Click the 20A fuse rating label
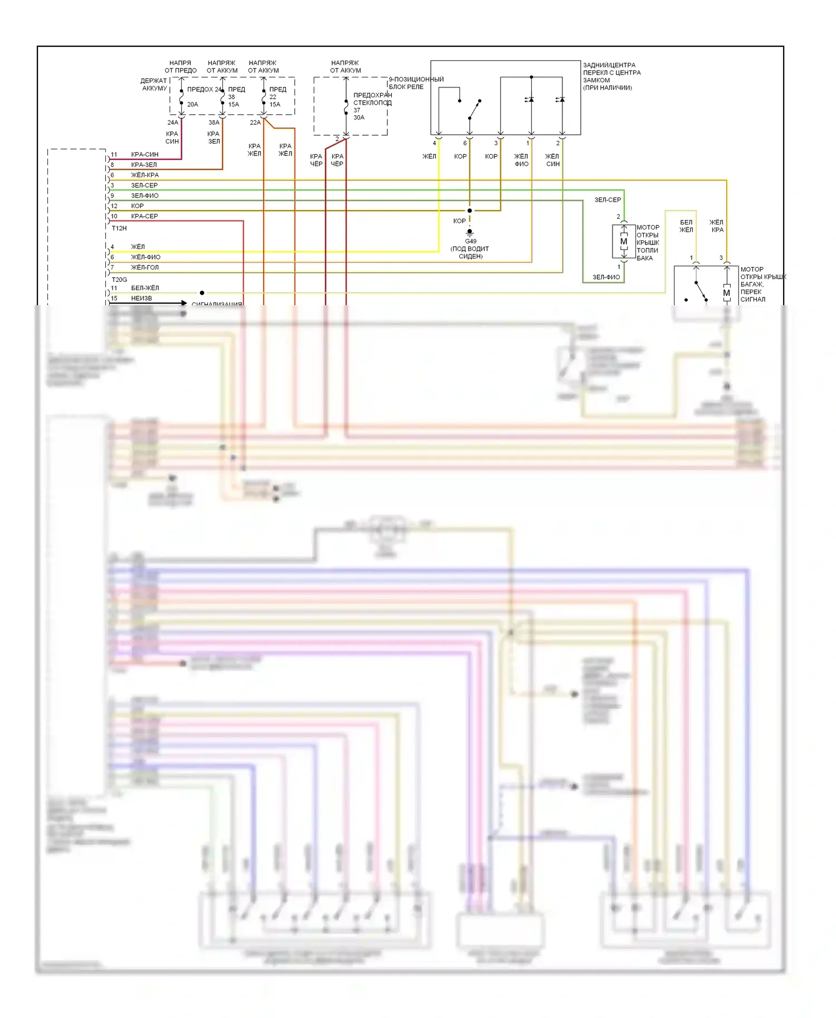(x=192, y=104)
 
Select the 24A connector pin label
(x=172, y=123)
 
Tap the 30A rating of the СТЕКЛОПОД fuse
(x=358, y=118)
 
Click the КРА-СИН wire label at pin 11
(x=144, y=154)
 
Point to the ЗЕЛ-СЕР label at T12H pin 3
(x=144, y=185)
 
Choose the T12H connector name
(x=119, y=228)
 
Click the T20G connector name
(x=119, y=280)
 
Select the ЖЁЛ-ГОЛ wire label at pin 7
(x=144, y=267)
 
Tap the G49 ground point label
(x=470, y=241)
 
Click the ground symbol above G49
(x=470, y=231)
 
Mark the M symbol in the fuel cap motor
(x=624, y=242)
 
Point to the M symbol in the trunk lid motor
(x=726, y=293)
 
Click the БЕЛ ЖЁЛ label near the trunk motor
(x=686, y=226)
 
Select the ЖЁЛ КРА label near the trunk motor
(x=717, y=226)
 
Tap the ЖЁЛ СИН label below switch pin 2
(x=552, y=160)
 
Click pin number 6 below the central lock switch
(x=465, y=143)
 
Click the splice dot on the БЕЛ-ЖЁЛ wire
(x=202, y=293)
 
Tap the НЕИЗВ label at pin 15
(x=141, y=298)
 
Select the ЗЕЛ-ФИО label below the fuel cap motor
(x=606, y=277)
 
